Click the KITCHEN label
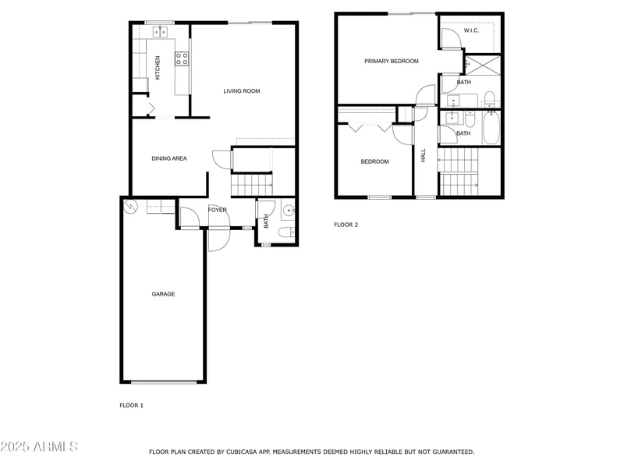coord(158,67)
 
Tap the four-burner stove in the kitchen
coord(182,57)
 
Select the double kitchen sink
coord(160,32)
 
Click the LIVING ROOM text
coord(241,91)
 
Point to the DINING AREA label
coord(169,158)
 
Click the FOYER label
coord(217,210)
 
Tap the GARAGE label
coord(163,294)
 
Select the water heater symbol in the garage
coord(131,207)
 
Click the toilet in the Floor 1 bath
coord(286,232)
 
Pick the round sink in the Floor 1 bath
coord(288,209)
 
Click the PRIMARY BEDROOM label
coord(391,61)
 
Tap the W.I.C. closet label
coord(471,30)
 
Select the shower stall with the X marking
coord(484,65)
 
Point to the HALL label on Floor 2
coord(424,155)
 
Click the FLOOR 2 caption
coord(346,225)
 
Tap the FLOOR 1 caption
coord(131,405)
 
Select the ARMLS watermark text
coord(39,447)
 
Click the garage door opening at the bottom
coord(164,382)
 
